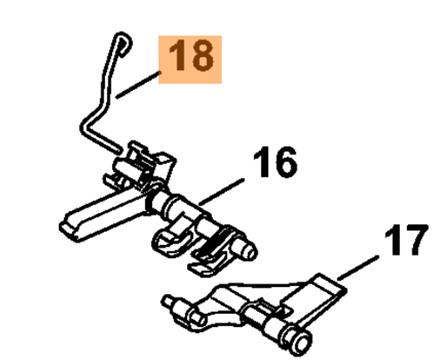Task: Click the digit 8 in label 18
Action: point(200,55)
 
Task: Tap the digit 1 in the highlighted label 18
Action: point(176,55)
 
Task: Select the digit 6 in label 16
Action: point(283,163)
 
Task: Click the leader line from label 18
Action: point(138,85)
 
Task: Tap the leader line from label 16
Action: point(222,191)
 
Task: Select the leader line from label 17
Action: point(358,268)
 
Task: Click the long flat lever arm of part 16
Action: point(100,214)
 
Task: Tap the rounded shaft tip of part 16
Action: point(249,251)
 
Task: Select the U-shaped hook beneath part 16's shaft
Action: point(171,242)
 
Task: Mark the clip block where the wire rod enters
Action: point(143,162)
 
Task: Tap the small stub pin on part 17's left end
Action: point(169,301)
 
